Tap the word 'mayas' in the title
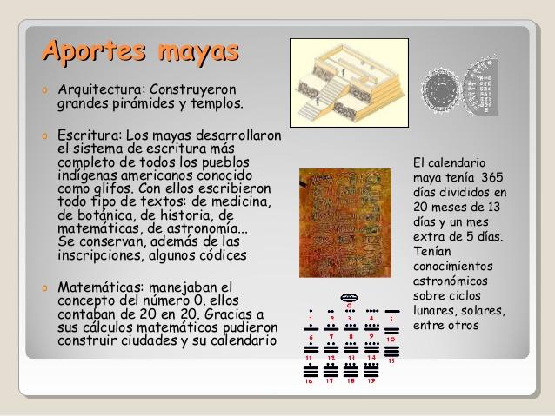[x=198, y=50]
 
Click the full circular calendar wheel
[x=441, y=88]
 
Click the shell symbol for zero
[x=350, y=297]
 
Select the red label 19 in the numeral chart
[x=371, y=380]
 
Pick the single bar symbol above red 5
[x=392, y=310]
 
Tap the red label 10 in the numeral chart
[x=391, y=339]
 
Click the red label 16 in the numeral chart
[x=309, y=380]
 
